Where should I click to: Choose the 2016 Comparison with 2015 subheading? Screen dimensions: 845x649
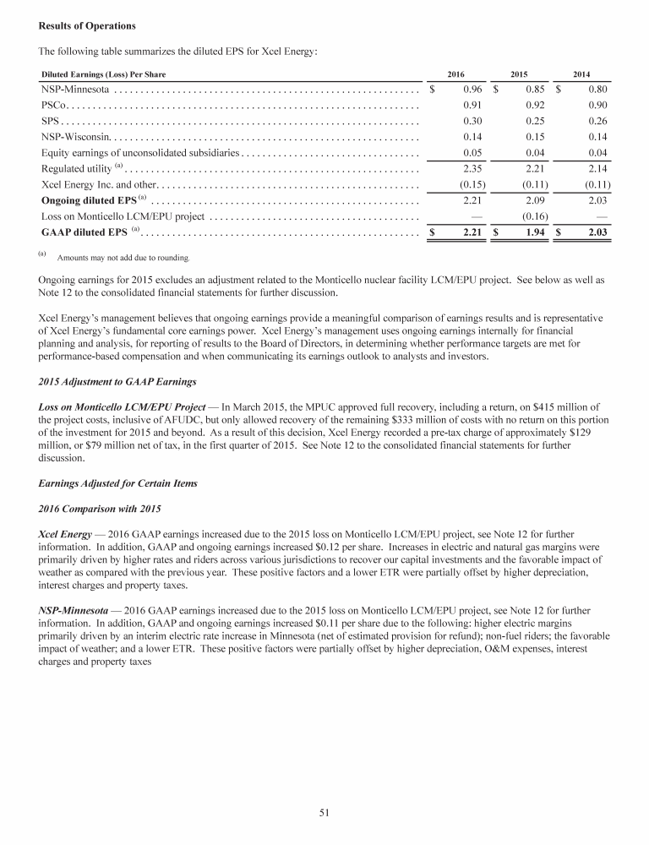coord(91,510)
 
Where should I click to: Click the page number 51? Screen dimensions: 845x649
coord(324,813)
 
